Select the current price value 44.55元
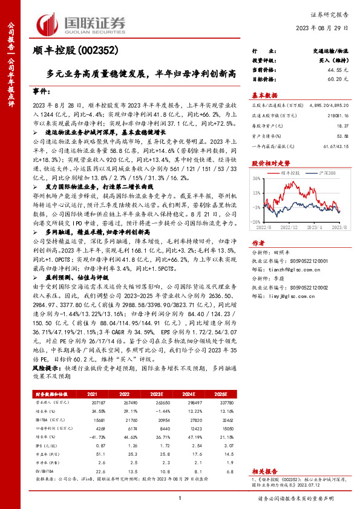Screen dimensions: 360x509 pyautogui.click(x=338, y=70)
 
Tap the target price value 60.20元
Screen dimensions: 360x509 pyautogui.click(x=338, y=79)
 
